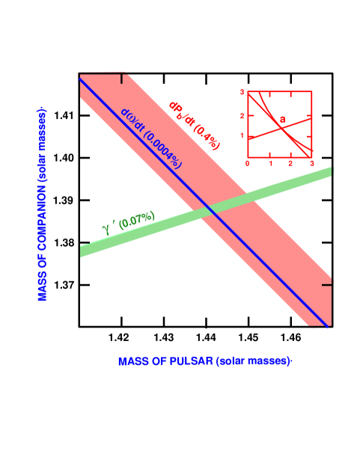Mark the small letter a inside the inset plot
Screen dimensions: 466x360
(x=283, y=120)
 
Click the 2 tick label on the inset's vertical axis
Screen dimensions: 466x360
(x=242, y=115)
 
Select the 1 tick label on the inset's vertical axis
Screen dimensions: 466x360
(x=242, y=136)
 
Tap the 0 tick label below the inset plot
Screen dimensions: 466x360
(x=248, y=163)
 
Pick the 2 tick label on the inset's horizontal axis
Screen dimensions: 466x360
(x=290, y=163)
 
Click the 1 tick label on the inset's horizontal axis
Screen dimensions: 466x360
(x=269, y=163)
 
